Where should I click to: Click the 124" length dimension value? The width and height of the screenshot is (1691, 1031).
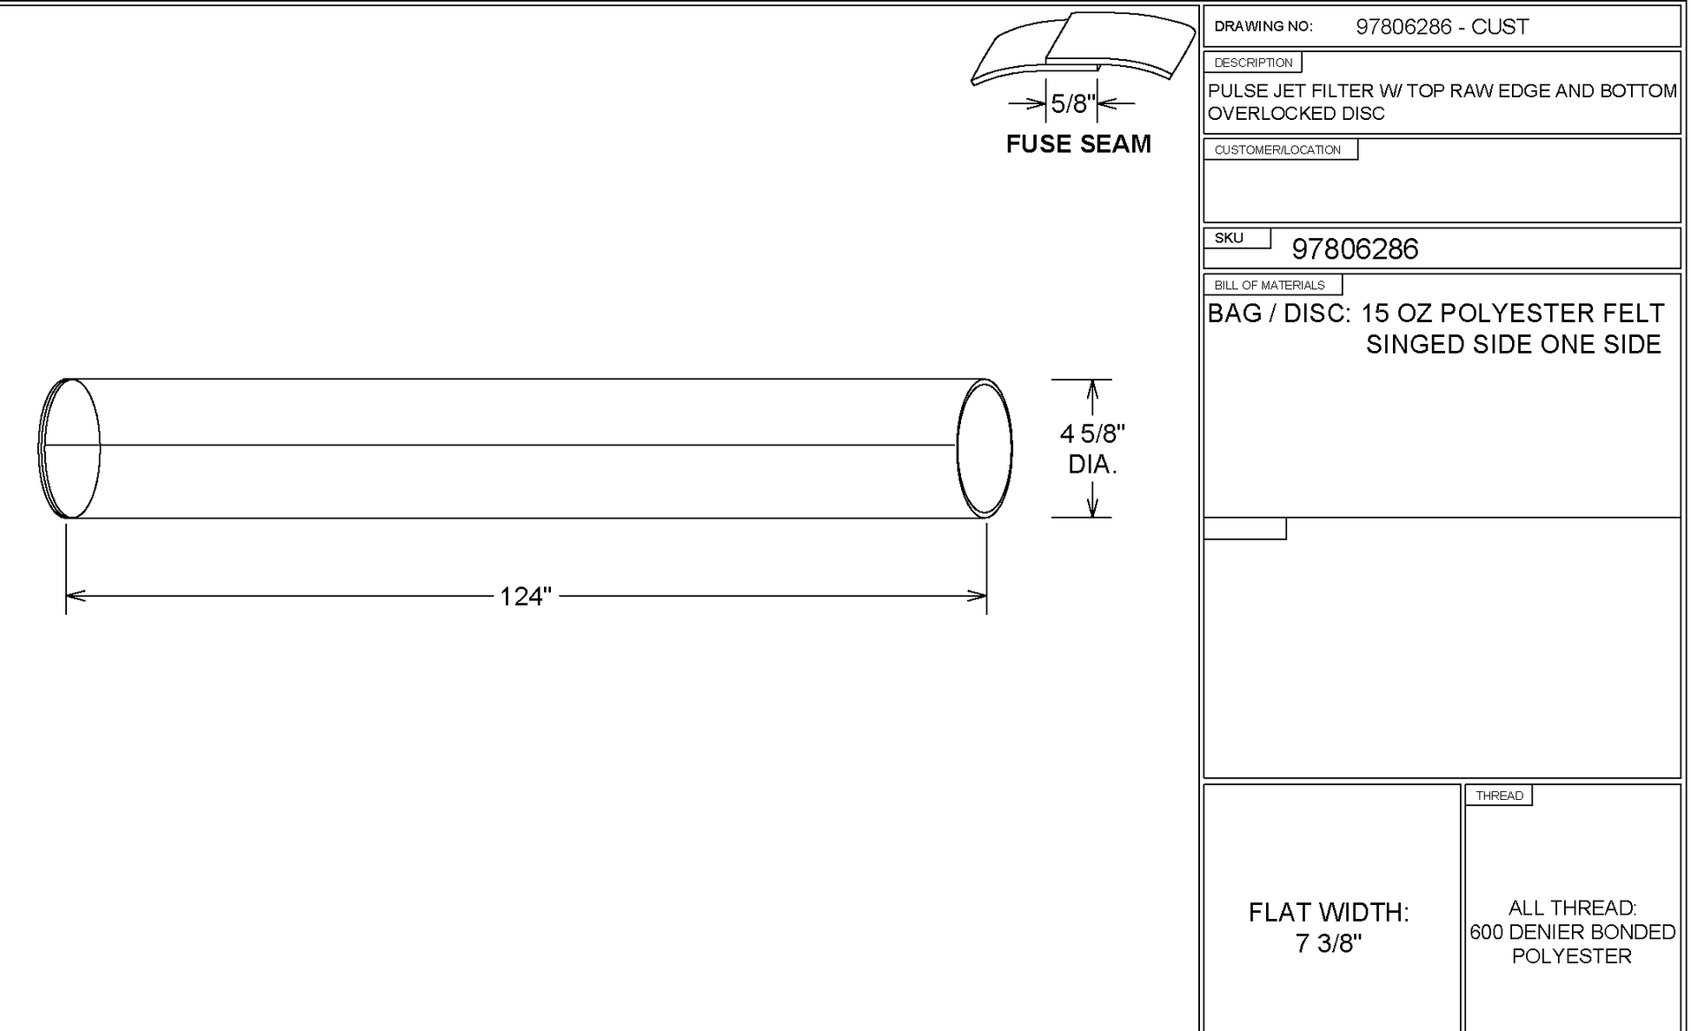click(x=526, y=597)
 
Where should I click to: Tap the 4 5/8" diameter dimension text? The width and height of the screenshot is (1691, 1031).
click(x=1092, y=433)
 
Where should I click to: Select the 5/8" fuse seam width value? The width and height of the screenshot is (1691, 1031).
click(x=1072, y=104)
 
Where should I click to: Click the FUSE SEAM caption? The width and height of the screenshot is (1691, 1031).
click(x=1078, y=144)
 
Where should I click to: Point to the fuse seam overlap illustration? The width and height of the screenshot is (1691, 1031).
click(x=1083, y=48)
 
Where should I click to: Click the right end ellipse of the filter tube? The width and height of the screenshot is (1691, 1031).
click(x=985, y=448)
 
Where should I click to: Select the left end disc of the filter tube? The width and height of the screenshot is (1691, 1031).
click(x=70, y=448)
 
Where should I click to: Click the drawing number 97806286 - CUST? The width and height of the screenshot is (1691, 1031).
click(x=1442, y=27)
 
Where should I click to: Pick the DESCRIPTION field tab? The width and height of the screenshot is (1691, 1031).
click(x=1253, y=63)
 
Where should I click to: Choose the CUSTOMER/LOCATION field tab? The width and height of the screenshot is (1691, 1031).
click(x=1277, y=150)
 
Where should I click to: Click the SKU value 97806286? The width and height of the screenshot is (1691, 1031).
click(x=1355, y=250)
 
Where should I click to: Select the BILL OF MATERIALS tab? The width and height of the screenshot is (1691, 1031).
click(x=1270, y=285)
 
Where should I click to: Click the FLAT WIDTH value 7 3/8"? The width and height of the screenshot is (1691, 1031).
click(x=1328, y=943)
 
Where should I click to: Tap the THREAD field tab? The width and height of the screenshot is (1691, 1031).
click(x=1499, y=796)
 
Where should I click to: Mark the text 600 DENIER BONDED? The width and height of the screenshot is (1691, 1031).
click(x=1572, y=932)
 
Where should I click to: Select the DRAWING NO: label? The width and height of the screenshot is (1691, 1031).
click(x=1263, y=27)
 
